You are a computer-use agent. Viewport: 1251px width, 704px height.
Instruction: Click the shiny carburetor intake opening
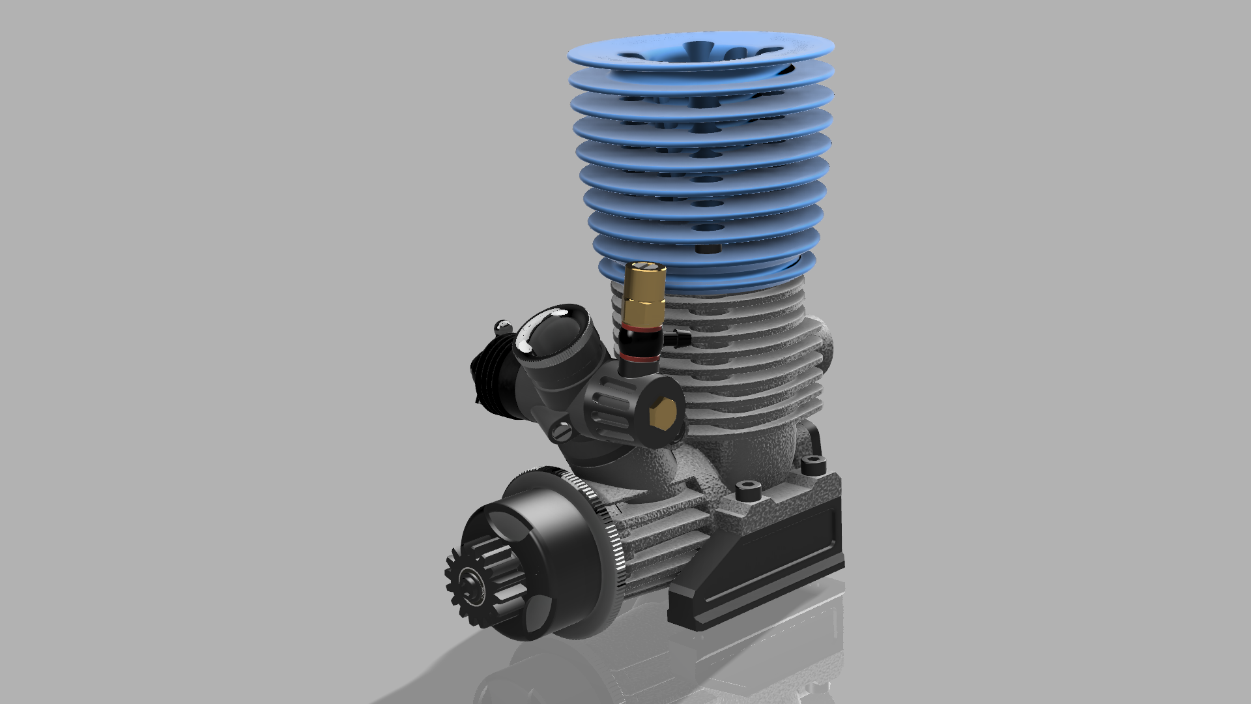(x=547, y=333)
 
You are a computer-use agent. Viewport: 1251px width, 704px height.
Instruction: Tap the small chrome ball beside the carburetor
(x=502, y=325)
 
